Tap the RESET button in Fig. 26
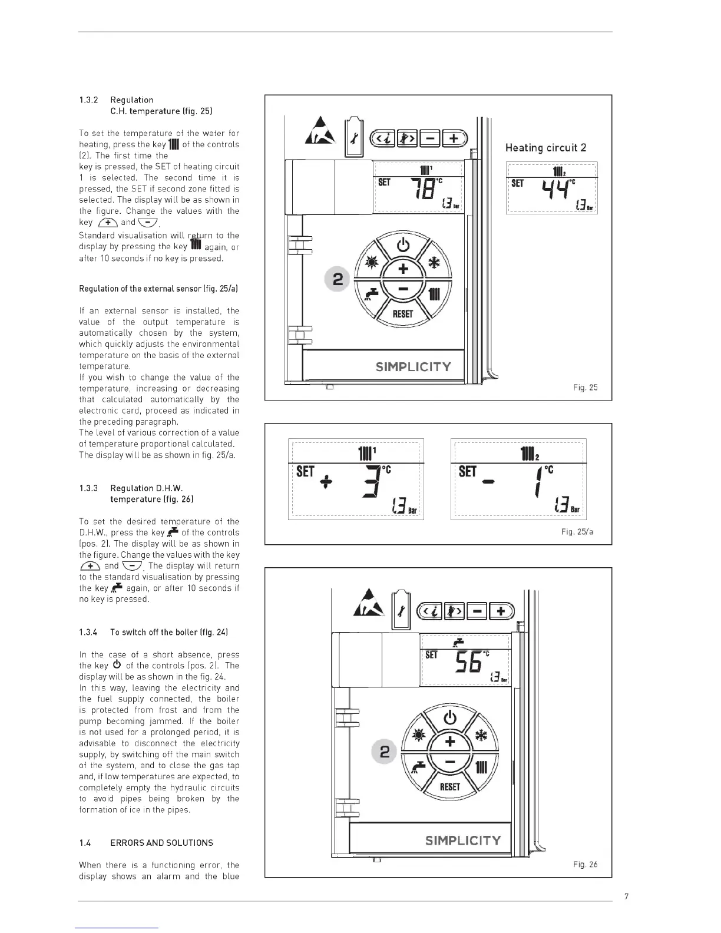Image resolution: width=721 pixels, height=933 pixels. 449,786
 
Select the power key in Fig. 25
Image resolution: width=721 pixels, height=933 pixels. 403,245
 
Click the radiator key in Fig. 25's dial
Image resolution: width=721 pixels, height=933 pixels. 434,295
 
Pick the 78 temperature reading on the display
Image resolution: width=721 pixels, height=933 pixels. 423,190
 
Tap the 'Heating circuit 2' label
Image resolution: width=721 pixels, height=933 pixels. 545,147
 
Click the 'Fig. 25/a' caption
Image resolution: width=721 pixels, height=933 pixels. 577,532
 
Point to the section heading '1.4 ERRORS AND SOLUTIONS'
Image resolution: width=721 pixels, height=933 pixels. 146,843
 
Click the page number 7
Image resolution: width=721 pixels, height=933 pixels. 626,896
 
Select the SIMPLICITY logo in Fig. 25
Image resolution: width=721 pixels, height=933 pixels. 413,367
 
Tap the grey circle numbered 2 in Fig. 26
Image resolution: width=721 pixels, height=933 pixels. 385,752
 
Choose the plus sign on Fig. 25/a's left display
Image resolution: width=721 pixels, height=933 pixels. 326,481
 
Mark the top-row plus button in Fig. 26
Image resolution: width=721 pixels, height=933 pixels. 501,611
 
